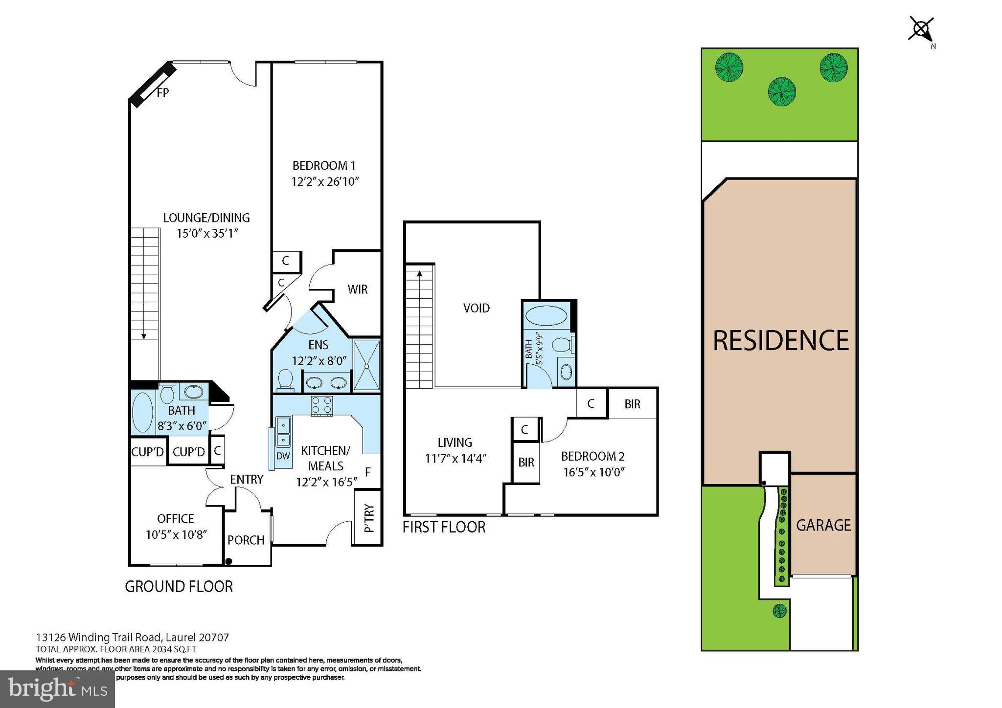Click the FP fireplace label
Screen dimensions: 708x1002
162,92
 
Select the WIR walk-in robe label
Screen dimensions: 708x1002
357,289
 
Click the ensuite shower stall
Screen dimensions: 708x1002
366,365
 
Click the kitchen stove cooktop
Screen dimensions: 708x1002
322,406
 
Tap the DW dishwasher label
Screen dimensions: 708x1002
283,456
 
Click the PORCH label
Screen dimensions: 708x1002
246,540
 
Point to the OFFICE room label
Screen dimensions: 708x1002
175,518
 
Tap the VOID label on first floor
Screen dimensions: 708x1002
476,308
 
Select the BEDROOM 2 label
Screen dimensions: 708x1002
592,456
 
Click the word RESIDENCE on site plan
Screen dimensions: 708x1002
780,340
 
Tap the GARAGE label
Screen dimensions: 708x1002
823,525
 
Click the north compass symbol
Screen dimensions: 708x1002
921,30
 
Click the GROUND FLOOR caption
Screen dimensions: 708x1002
179,586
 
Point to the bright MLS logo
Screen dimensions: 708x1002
57,689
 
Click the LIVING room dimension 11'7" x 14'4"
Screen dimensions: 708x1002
455,458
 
